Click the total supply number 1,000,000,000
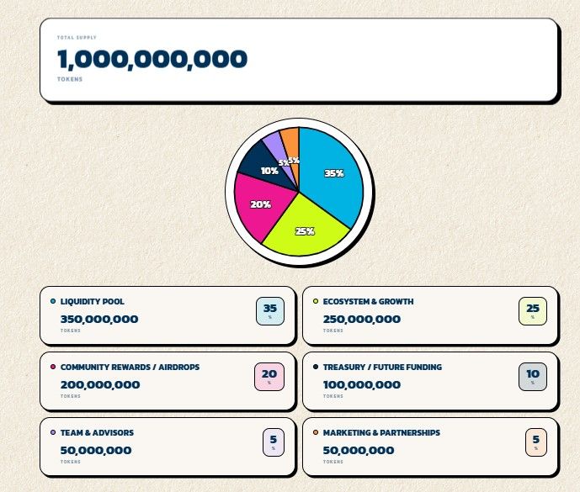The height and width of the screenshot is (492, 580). click(152, 59)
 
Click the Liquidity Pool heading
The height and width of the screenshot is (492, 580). click(93, 301)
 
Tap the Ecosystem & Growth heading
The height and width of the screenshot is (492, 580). click(368, 301)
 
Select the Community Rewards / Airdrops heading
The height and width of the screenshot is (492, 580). click(130, 367)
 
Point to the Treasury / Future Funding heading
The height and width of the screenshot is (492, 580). click(382, 367)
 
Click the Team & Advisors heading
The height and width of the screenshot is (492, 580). click(97, 432)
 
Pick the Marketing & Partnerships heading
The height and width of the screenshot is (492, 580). click(381, 432)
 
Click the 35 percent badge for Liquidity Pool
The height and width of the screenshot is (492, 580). click(269, 311)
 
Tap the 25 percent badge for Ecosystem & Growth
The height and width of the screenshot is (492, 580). click(532, 311)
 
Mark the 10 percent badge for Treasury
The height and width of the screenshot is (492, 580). click(532, 377)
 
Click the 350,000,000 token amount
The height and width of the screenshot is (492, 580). click(99, 319)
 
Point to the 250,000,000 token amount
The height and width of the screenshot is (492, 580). click(362, 319)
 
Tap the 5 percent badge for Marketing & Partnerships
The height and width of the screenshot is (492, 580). click(535, 442)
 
